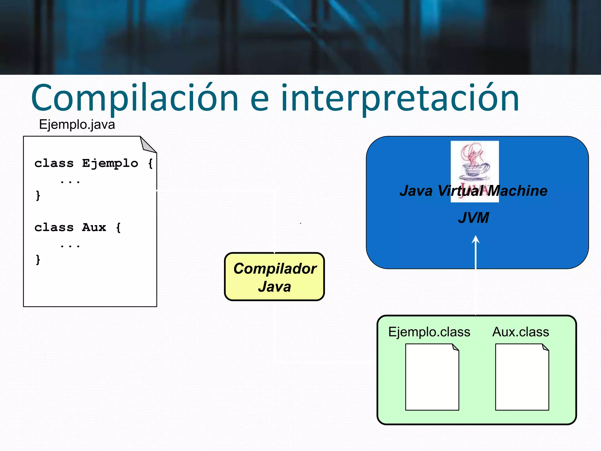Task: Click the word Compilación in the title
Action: click(x=135, y=98)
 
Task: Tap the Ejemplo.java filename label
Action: click(x=77, y=124)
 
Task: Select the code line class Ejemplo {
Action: click(x=93, y=163)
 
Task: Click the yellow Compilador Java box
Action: click(x=274, y=277)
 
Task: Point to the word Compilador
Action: click(x=275, y=268)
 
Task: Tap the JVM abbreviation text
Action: click(x=473, y=218)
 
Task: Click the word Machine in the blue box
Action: click(x=518, y=191)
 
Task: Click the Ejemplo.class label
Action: click(x=429, y=332)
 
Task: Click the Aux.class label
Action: click(x=521, y=332)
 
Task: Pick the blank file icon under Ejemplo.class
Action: click(x=432, y=377)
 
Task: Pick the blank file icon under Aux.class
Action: click(x=522, y=377)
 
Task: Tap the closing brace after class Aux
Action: click(x=38, y=260)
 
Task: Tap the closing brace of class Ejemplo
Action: click(x=38, y=196)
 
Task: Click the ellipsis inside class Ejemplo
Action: click(x=70, y=182)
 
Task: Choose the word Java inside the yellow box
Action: click(x=274, y=287)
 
